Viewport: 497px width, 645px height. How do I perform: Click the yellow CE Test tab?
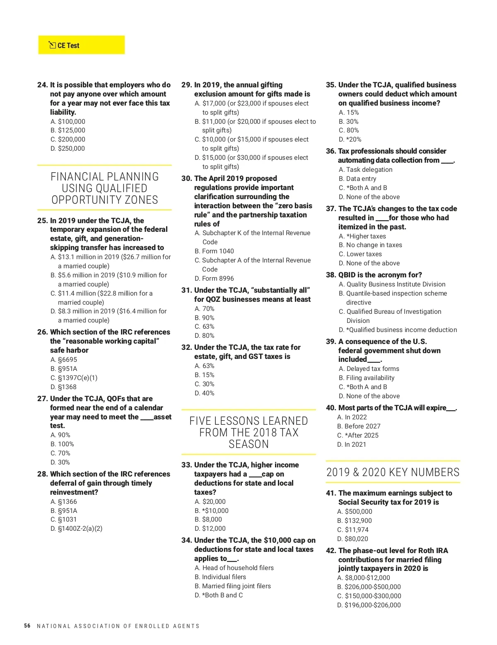(x=81, y=45)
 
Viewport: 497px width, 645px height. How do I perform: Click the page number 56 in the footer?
(x=27, y=626)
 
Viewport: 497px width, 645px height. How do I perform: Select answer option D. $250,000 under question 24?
(x=68, y=149)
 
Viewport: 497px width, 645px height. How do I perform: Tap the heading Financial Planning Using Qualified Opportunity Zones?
(x=104, y=188)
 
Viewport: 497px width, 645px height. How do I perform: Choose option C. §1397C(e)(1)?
(x=74, y=378)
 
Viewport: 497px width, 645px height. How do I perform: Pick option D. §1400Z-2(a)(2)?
(x=76, y=529)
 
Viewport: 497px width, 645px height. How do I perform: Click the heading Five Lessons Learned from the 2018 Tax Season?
(x=248, y=433)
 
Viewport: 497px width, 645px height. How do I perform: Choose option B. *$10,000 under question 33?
(x=212, y=511)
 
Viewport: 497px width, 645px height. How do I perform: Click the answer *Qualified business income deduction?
(x=398, y=330)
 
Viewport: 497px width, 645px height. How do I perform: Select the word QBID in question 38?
(x=347, y=275)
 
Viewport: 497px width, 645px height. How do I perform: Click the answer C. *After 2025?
(x=358, y=436)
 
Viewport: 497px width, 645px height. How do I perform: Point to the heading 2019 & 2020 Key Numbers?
(x=393, y=472)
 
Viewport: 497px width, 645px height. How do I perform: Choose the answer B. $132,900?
(x=355, y=521)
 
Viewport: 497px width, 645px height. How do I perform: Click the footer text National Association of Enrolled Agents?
(x=118, y=626)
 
